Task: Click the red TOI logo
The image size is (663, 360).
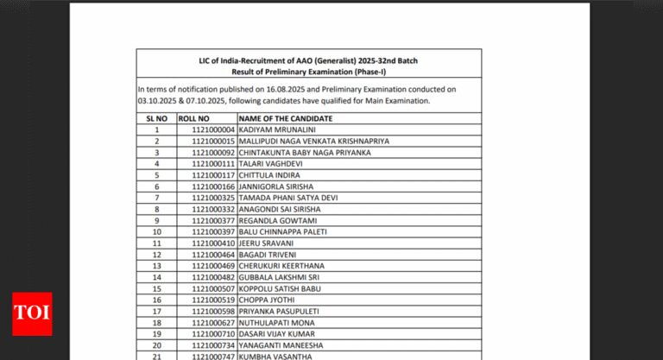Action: [32, 313]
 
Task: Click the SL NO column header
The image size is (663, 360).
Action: [157, 117]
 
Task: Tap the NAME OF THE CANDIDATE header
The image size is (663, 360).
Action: [286, 117]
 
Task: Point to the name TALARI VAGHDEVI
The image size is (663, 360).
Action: [268, 163]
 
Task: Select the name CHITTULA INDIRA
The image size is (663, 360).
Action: [267, 174]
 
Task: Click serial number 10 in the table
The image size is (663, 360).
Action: [157, 231]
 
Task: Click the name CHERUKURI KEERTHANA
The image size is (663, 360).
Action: [281, 266]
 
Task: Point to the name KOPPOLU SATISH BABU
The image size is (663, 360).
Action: [279, 288]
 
